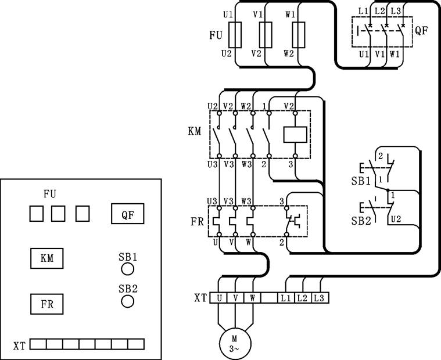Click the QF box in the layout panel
coord(128,214)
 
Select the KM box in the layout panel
coord(47,258)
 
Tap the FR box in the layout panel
coord(47,304)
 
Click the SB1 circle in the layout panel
coord(127,269)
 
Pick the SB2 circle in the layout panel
coord(127,301)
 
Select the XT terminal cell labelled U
coord(219,298)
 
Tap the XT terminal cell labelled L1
coord(286,298)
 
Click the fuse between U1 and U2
coord(236,35)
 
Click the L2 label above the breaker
coord(379,10)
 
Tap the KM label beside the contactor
coord(194,132)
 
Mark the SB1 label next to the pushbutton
coord(360,181)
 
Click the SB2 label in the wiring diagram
coord(360,221)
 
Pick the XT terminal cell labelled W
coord(252,298)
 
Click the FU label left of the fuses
coord(216,35)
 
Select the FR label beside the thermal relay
coord(196,222)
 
